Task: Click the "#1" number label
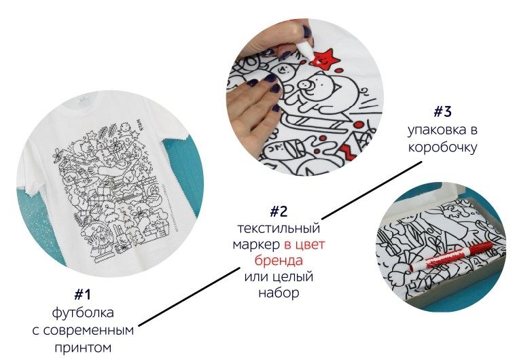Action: tap(82, 294)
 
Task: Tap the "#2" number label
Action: tap(279, 211)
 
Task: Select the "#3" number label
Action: tap(442, 112)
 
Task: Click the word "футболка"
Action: tap(83, 312)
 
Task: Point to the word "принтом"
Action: tap(83, 347)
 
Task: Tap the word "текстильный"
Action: tap(279, 228)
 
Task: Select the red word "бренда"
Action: tap(279, 260)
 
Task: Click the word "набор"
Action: tap(279, 292)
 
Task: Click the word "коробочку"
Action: tap(442, 147)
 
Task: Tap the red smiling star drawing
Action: tap(322, 59)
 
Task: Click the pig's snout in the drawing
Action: tap(305, 85)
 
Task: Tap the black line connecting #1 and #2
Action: tap(189, 298)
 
